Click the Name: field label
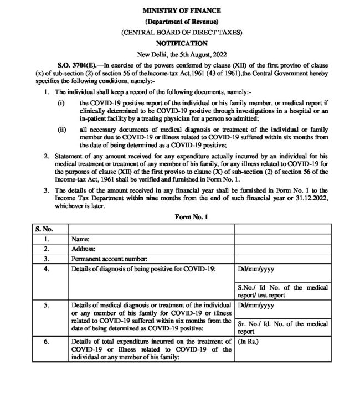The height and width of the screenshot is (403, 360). click(81, 239)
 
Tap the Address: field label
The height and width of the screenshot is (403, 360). click(85, 249)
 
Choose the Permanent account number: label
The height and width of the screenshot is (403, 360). click(109, 259)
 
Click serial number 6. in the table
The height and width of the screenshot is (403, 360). click(48, 342)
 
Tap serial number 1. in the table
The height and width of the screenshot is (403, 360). click(48, 239)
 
